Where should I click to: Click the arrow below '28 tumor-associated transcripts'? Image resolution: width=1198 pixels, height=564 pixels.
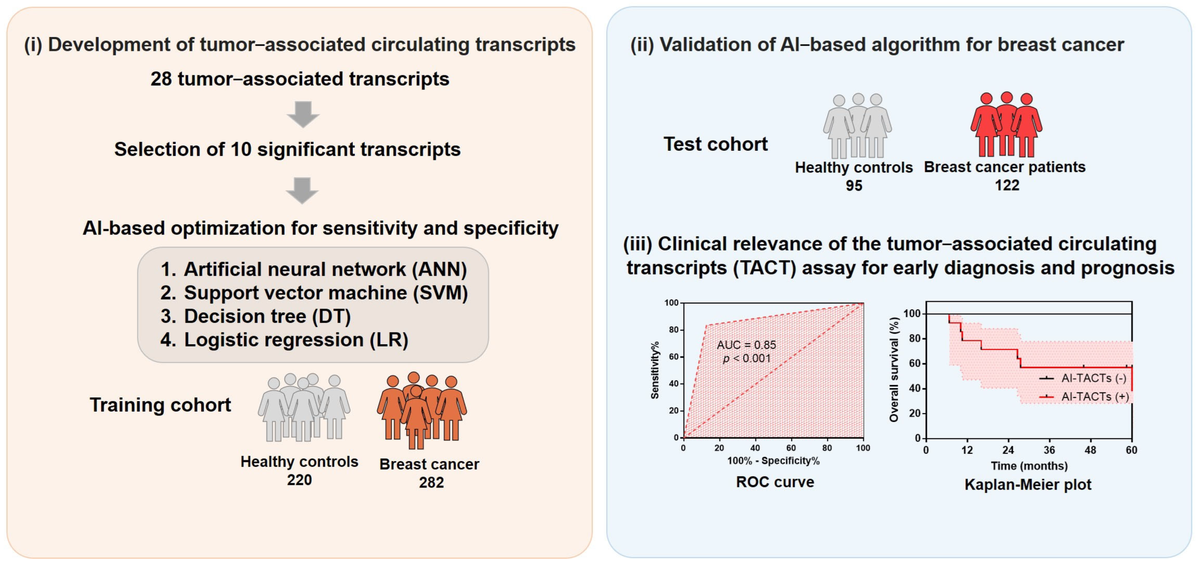click(x=303, y=114)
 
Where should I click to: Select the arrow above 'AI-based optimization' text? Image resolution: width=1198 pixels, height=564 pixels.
click(x=303, y=190)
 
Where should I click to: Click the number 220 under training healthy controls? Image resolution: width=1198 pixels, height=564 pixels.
click(x=299, y=480)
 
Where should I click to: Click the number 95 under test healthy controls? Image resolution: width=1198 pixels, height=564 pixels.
click(x=854, y=186)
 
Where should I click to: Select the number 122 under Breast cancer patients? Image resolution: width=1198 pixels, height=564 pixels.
click(x=1007, y=185)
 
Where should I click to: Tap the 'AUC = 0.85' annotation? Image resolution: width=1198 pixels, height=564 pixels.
click(x=747, y=345)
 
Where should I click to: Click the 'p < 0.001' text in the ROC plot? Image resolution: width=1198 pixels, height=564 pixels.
click(x=747, y=358)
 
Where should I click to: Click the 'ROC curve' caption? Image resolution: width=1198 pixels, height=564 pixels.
click(x=775, y=482)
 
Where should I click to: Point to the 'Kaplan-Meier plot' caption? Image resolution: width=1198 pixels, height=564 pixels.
click(x=1028, y=484)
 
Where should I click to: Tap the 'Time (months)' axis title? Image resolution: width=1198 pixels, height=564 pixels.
click(x=1029, y=466)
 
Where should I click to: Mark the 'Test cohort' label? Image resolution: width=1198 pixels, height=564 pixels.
click(x=715, y=144)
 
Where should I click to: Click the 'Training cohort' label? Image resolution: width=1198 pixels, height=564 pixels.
click(x=160, y=405)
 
